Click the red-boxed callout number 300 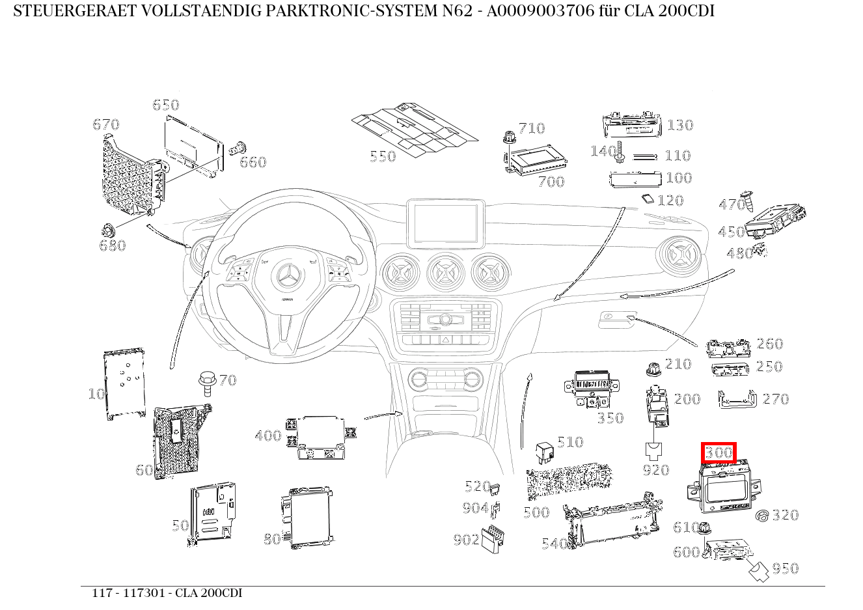click(x=719, y=452)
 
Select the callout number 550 click(x=383, y=157)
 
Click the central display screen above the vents click(x=445, y=223)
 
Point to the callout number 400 click(x=268, y=436)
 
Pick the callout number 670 click(x=106, y=124)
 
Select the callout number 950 click(x=785, y=568)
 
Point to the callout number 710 click(x=532, y=128)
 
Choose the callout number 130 click(x=680, y=125)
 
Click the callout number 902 click(x=466, y=539)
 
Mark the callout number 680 click(x=112, y=245)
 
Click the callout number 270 click(x=775, y=399)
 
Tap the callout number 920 click(x=655, y=469)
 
